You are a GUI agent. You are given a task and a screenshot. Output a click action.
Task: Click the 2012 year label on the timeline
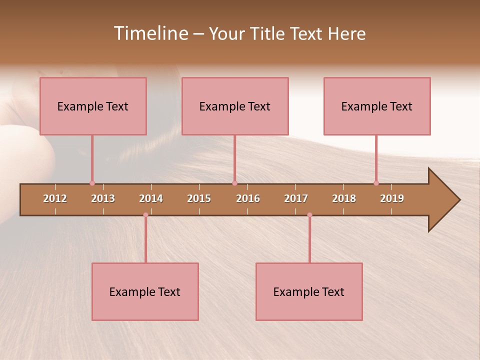pyautogui.click(x=55, y=198)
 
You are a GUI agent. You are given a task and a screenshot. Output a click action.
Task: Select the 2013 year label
pyautogui.click(x=103, y=198)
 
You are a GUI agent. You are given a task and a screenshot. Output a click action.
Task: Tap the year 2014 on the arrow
pyautogui.click(x=151, y=198)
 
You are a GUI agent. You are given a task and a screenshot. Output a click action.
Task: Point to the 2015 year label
pyautogui.click(x=199, y=198)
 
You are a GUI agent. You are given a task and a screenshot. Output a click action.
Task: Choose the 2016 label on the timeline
pyautogui.click(x=248, y=198)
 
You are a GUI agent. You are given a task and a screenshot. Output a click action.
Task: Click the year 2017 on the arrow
pyautogui.click(x=296, y=198)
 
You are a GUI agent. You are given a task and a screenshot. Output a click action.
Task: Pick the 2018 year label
pyautogui.click(x=344, y=198)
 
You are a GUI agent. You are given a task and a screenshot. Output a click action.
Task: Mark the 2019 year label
pyautogui.click(x=392, y=198)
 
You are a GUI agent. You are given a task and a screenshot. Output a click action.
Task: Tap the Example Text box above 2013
pyautogui.click(x=93, y=106)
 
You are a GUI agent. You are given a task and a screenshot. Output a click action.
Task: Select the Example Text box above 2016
pyautogui.click(x=235, y=106)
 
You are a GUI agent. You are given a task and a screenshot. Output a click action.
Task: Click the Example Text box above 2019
pyautogui.click(x=377, y=106)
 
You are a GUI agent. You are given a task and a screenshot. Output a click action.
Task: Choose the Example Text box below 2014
pyautogui.click(x=145, y=291)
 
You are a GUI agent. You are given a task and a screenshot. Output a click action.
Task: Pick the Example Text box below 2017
pyautogui.click(x=309, y=291)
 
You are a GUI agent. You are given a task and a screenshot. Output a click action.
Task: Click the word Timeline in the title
pyautogui.click(x=150, y=33)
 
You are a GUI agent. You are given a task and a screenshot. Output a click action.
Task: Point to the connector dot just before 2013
pyautogui.click(x=92, y=183)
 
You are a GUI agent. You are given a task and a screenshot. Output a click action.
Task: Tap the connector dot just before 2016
pyautogui.click(x=234, y=183)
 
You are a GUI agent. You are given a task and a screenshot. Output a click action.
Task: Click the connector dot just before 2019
pyautogui.click(x=376, y=183)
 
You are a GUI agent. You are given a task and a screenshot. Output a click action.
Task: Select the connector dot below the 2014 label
pyautogui.click(x=145, y=215)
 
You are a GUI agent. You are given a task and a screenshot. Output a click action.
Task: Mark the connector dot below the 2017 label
pyautogui.click(x=309, y=215)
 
